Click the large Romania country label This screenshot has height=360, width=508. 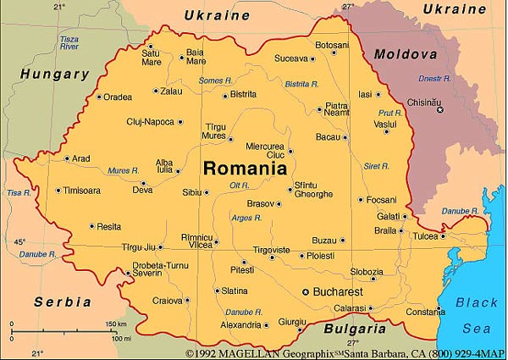pos(245,168)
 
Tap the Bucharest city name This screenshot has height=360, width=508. pos(338,291)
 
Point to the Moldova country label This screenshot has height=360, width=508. pos(406,54)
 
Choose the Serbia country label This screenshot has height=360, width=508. pos(63,302)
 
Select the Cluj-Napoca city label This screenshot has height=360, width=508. pos(151,122)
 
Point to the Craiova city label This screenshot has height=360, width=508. pos(167,301)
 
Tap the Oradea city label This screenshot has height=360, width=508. pos(118,97)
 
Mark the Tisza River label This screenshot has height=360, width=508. pos(70,43)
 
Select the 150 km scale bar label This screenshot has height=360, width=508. pos(115,324)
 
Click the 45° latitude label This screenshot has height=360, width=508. pos(19,242)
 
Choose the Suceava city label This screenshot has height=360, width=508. pos(290,59)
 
